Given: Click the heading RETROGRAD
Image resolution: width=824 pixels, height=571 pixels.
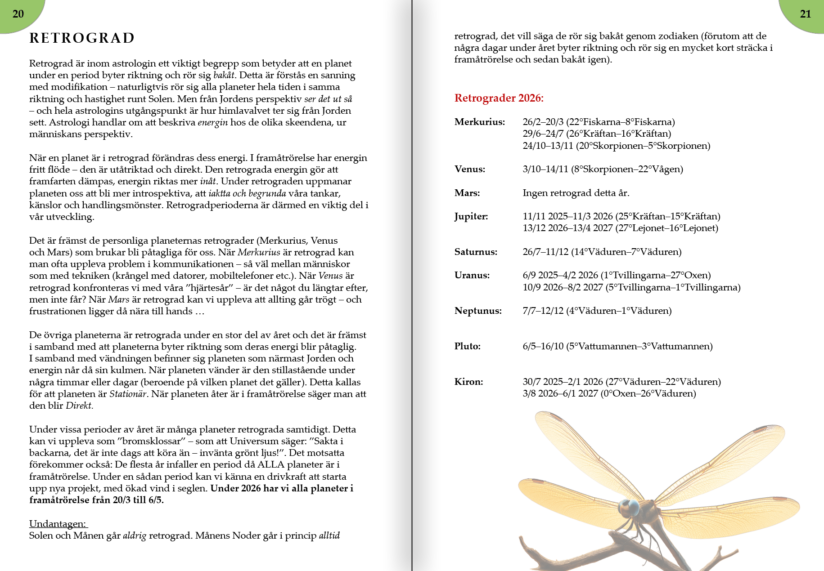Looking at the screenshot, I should click(x=82, y=38).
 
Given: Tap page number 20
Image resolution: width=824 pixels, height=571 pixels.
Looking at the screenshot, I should click(x=18, y=14).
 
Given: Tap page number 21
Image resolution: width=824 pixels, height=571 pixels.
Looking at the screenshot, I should click(x=805, y=14).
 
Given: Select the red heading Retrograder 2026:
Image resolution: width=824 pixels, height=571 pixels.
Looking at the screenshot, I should click(x=499, y=98).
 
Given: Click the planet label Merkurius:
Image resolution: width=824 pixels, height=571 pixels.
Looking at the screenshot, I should click(x=479, y=122).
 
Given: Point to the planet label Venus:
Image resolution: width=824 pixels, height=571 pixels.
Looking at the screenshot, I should click(x=469, y=169).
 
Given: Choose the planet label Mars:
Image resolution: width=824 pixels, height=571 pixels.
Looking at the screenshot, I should click(x=467, y=193).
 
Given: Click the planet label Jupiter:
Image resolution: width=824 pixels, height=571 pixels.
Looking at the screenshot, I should click(x=471, y=216).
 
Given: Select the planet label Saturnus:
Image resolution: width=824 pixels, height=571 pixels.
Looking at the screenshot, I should click(x=476, y=252).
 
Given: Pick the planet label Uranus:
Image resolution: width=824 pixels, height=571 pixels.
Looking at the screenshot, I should click(x=472, y=275).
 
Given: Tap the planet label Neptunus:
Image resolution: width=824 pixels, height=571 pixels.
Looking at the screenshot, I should click(x=477, y=311).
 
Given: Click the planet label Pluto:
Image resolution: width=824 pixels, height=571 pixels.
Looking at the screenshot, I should click(x=467, y=346).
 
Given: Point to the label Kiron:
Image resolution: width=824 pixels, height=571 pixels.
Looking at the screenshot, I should click(x=468, y=382).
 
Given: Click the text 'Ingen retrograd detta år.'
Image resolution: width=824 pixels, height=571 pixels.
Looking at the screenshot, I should click(x=576, y=193).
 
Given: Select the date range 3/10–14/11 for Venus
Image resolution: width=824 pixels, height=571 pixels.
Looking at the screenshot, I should click(x=545, y=169).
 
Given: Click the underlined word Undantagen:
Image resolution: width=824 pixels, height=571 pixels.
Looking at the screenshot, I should click(x=58, y=524).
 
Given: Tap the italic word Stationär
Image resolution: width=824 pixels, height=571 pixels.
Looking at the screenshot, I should click(x=128, y=394).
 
